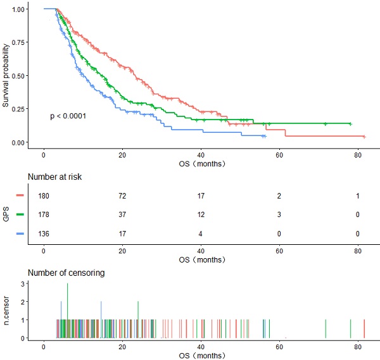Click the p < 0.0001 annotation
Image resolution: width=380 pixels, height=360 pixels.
pos(68,116)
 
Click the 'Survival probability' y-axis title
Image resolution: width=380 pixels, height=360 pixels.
pos(6,75)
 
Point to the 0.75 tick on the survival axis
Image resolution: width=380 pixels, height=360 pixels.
pos(19,42)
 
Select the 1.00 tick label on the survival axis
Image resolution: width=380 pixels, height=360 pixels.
pos(19,9)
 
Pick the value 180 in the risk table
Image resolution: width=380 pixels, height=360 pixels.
pos(44,197)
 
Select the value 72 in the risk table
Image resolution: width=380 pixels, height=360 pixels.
pos(122,197)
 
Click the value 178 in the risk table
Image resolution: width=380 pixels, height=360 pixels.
pos(44,215)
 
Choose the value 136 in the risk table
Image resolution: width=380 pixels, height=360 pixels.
pos(44,233)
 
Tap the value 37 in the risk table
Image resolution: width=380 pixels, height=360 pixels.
pos(122,215)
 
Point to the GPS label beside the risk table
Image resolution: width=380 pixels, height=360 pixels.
pos(6,215)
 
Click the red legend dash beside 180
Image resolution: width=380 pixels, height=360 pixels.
pos(20,197)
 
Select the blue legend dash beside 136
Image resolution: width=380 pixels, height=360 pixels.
pos(20,233)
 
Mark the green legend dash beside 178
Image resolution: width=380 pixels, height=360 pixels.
pos(20,215)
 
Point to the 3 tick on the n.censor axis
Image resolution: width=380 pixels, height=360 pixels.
pos(23,284)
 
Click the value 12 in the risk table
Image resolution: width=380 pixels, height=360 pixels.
pos(201,215)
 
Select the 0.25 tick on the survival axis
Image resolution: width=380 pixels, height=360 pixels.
pos(19,109)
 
